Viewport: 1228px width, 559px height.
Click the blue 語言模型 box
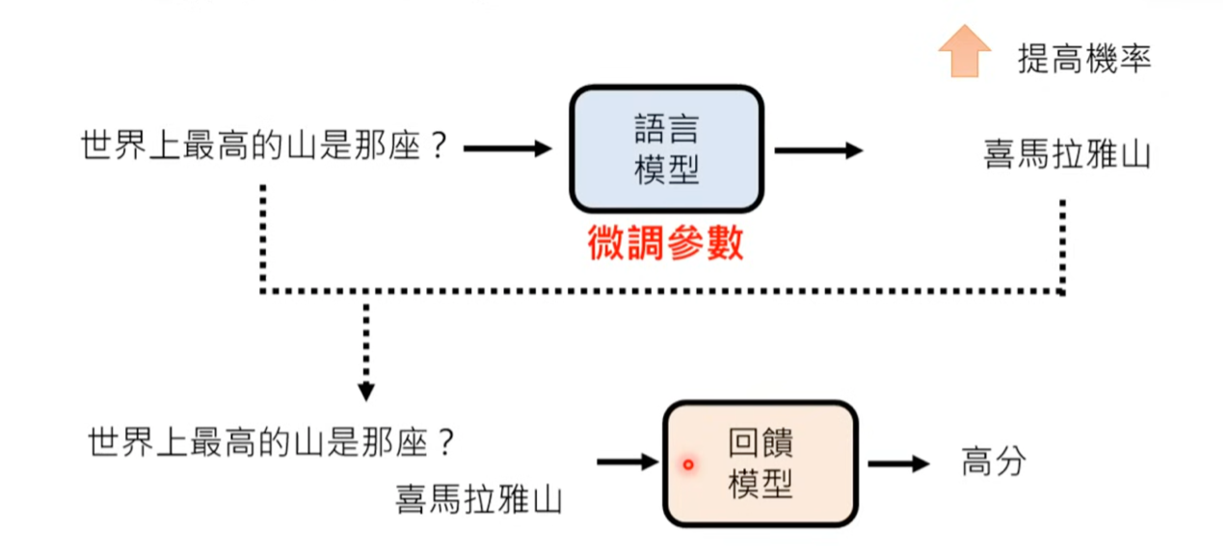click(x=666, y=148)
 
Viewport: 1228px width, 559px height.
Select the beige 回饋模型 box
click(x=760, y=464)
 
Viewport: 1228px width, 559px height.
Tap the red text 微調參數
click(x=666, y=244)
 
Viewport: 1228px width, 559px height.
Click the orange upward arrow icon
click(x=964, y=51)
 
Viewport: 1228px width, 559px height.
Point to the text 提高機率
click(x=1084, y=60)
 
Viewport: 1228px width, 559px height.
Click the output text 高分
click(x=994, y=463)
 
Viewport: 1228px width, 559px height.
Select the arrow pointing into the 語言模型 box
click(x=507, y=148)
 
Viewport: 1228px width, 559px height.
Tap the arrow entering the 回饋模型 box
click(x=627, y=463)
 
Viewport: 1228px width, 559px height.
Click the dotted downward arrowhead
click(x=365, y=390)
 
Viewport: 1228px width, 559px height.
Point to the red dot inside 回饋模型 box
click(x=688, y=465)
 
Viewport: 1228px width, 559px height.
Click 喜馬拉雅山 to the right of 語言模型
click(x=1067, y=154)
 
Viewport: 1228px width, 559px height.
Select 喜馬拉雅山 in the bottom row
click(x=479, y=499)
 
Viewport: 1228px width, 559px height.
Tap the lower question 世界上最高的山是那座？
click(x=271, y=443)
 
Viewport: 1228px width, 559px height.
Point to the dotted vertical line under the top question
click(x=262, y=236)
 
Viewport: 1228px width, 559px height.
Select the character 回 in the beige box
click(x=744, y=445)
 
